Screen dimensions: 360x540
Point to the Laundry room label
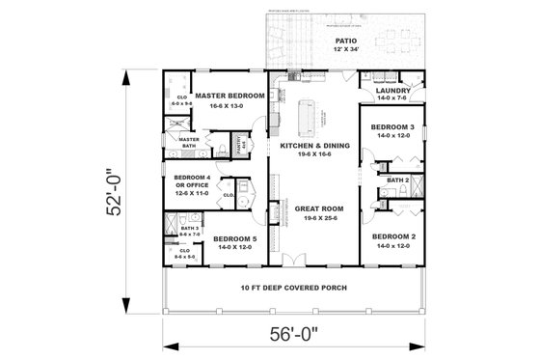pyautogui.click(x=393, y=91)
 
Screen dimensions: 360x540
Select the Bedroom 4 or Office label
pyautogui.click(x=193, y=181)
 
